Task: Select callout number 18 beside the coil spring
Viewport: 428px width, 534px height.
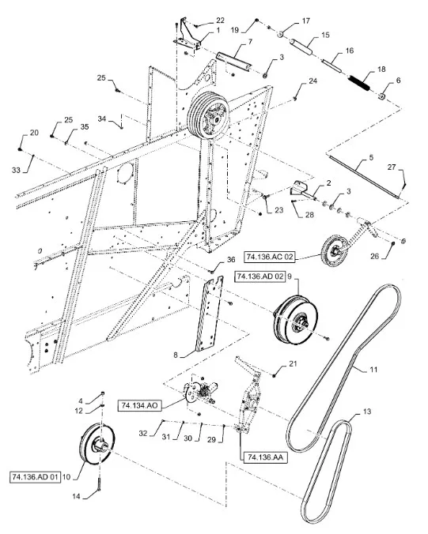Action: (381, 70)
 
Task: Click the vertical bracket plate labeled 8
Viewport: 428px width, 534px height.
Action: (208, 314)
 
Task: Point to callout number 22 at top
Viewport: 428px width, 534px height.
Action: (198, 20)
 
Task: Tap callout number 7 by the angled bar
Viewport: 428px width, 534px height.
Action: (250, 40)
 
